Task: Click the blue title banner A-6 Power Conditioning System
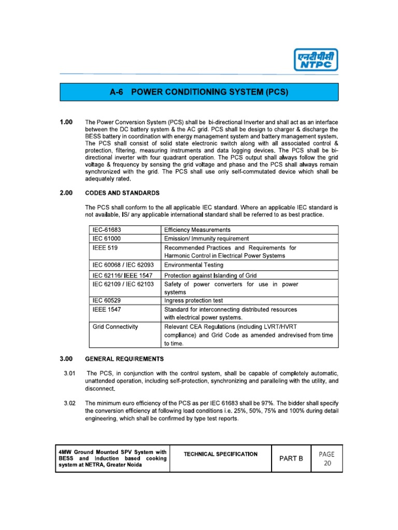pyautogui.click(x=200, y=93)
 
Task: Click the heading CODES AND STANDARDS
pyautogui.click(x=122, y=193)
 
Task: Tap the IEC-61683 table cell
pyautogui.click(x=108, y=229)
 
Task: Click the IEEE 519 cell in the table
pyautogui.click(x=102, y=248)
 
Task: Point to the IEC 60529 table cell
pyautogui.click(x=108, y=300)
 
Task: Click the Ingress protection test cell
pyautogui.click(x=196, y=300)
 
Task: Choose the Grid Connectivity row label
pyautogui.click(x=115, y=327)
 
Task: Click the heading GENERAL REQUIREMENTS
pyautogui.click(x=124, y=359)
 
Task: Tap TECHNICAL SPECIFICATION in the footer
pyautogui.click(x=220, y=454)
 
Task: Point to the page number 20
pyautogui.click(x=326, y=463)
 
